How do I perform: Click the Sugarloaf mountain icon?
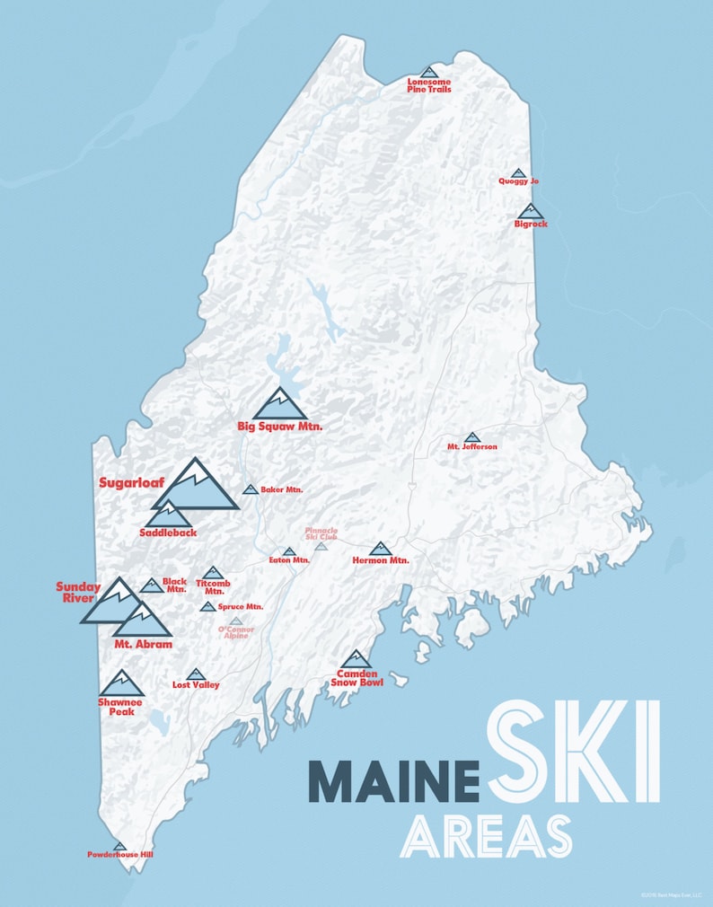pyautogui.click(x=195, y=487)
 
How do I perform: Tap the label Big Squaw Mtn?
pyautogui.click(x=279, y=426)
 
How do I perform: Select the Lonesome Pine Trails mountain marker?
pyautogui.click(x=429, y=72)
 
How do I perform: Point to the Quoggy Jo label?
pyautogui.click(x=518, y=181)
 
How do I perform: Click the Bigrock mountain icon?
pyautogui.click(x=531, y=211)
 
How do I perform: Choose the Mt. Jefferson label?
pyautogui.click(x=472, y=446)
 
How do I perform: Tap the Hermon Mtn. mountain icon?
pyautogui.click(x=380, y=549)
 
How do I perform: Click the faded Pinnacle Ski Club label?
pyautogui.click(x=321, y=535)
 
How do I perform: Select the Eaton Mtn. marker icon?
pyautogui.click(x=289, y=551)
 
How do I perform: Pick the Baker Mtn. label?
pyautogui.click(x=281, y=489)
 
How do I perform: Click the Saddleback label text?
pyautogui.click(x=168, y=533)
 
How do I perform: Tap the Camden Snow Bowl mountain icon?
pyautogui.click(x=356, y=660)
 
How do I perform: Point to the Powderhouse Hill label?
pyautogui.click(x=120, y=854)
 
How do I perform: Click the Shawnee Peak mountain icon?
pyautogui.click(x=121, y=684)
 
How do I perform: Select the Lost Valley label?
pyautogui.click(x=196, y=684)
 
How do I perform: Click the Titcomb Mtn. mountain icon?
pyautogui.click(x=213, y=572)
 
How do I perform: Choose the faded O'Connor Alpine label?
pyautogui.click(x=236, y=632)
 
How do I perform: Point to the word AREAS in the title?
pyautogui.click(x=486, y=836)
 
